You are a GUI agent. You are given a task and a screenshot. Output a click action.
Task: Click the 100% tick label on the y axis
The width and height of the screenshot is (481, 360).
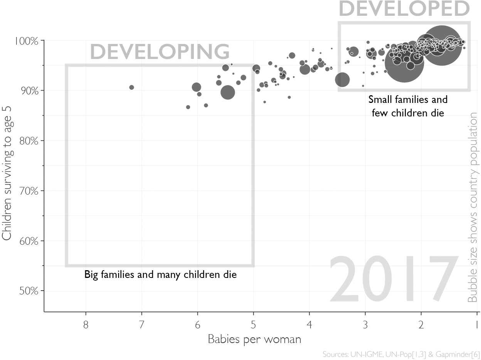[x=26, y=41]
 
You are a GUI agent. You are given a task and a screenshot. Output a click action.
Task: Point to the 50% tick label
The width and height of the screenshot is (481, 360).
[x=29, y=291]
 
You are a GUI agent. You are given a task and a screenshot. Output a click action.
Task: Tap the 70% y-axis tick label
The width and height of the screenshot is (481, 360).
[x=29, y=191]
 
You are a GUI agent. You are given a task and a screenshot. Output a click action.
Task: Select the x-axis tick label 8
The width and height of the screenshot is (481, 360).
[x=86, y=325]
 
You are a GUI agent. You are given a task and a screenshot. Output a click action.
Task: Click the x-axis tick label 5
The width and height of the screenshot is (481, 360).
[x=253, y=325]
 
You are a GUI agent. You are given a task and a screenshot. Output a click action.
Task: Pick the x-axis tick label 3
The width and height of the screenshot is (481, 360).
[x=365, y=325]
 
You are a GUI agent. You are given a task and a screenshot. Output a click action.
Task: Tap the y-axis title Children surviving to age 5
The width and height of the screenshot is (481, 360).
[x=7, y=173]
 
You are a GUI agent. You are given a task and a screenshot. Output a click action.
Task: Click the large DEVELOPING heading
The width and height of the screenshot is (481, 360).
[x=160, y=52]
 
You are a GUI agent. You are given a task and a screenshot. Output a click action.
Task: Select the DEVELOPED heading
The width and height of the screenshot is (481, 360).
[x=404, y=8]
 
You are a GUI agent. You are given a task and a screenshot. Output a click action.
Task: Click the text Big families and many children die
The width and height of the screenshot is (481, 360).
[x=160, y=275]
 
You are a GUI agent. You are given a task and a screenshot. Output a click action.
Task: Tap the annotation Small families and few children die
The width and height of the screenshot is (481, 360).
[x=408, y=106]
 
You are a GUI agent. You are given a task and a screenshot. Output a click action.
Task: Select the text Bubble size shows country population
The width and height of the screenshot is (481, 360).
[x=472, y=207]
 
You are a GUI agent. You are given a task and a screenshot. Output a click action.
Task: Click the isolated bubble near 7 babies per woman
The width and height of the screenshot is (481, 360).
[x=131, y=87]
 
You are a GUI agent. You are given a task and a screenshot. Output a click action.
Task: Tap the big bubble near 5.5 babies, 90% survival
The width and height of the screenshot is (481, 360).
[x=228, y=92]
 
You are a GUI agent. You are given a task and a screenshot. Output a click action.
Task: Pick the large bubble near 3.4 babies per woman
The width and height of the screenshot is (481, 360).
[x=342, y=80]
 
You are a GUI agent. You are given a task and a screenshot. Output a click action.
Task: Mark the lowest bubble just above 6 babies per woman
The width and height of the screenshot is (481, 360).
[x=188, y=107]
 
